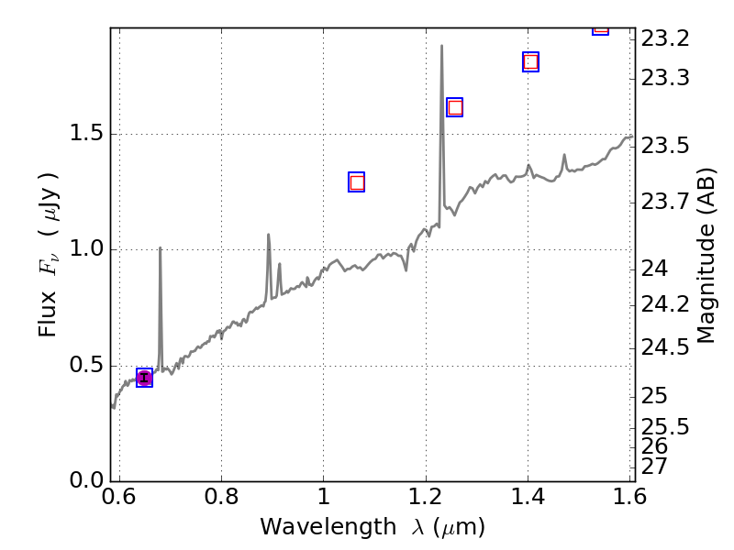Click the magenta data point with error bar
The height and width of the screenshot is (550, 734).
(144, 378)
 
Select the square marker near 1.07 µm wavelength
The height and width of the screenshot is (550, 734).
(357, 182)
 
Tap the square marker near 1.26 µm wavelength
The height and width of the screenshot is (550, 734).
(454, 107)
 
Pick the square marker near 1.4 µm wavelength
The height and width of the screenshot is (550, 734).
(530, 62)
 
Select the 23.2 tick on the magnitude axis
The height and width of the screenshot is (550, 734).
(665, 38)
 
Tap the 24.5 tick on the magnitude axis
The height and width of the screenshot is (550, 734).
(665, 346)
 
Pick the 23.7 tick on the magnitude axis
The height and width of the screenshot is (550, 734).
(665, 200)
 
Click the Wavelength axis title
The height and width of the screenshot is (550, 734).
(372, 528)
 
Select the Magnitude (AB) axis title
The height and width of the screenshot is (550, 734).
(706, 255)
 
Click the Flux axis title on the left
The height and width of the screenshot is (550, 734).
(49, 255)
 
